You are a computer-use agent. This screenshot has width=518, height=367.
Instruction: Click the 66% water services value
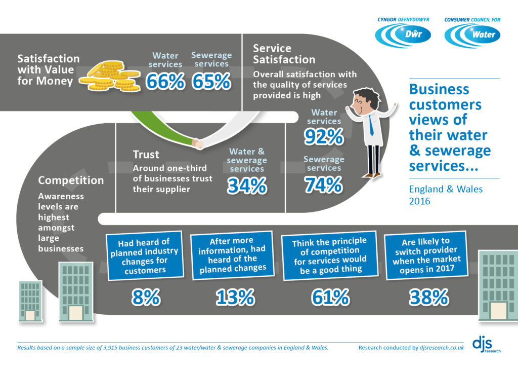[x=165, y=81]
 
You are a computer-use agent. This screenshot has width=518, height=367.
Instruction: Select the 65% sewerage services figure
[x=211, y=81]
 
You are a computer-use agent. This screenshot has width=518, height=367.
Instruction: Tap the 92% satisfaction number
[x=324, y=136]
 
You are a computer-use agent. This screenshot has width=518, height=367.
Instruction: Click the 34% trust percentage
[x=246, y=186]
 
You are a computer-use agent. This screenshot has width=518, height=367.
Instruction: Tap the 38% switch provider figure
[x=428, y=298]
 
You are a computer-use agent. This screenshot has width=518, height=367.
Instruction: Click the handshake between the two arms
[x=199, y=143]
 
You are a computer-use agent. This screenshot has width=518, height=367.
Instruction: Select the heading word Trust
[x=146, y=155]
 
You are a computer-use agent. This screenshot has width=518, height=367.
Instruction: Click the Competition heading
[x=71, y=180]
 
